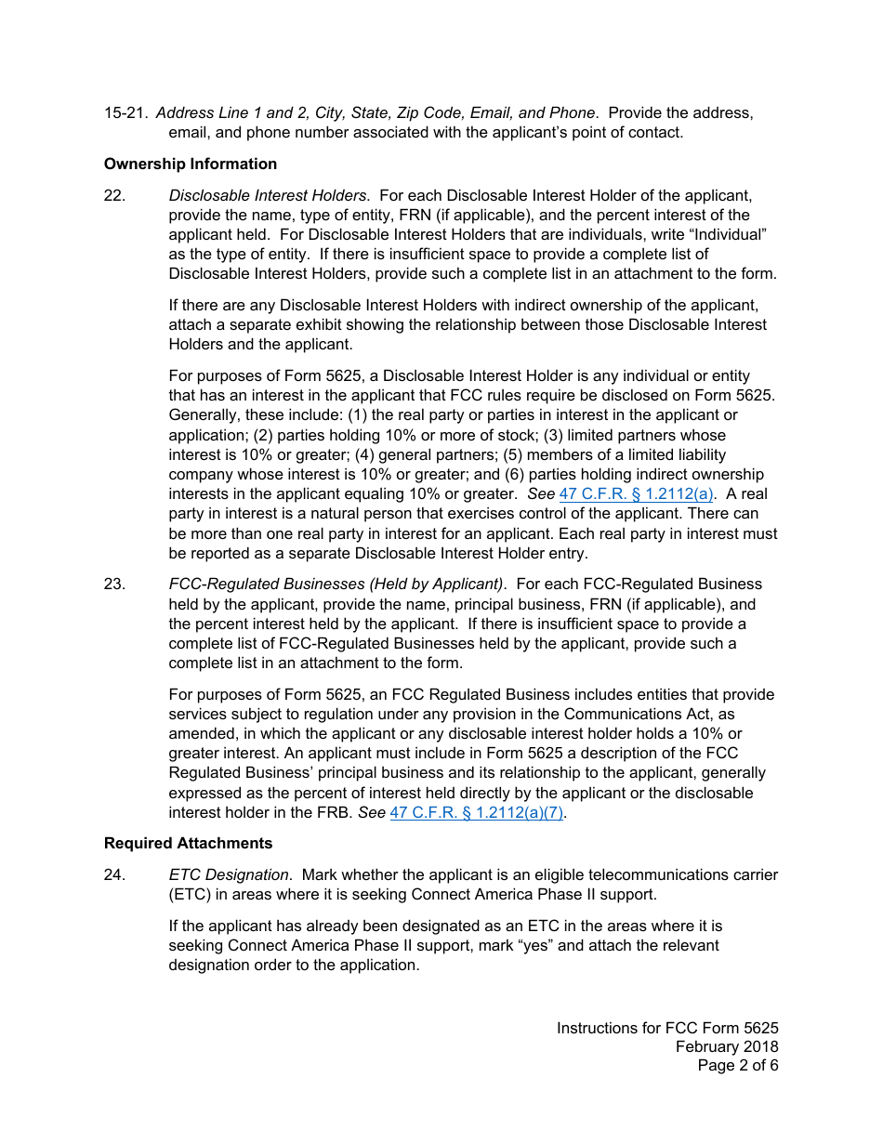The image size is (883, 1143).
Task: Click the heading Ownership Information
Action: tap(191, 164)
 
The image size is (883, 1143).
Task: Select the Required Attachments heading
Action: tap(188, 843)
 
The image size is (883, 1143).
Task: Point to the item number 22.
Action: tap(114, 195)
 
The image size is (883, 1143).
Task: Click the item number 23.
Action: tap(114, 584)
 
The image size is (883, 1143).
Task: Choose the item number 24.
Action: tap(114, 874)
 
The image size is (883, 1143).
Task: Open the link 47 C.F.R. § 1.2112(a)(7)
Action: tap(477, 812)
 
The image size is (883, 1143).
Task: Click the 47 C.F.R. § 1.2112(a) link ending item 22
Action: tap(636, 494)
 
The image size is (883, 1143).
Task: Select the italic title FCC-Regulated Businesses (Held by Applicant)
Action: tap(336, 584)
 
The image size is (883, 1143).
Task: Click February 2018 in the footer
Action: tap(727, 1046)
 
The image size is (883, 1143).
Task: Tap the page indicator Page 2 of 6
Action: tap(738, 1065)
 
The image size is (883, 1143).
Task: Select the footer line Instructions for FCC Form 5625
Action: tap(667, 1028)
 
